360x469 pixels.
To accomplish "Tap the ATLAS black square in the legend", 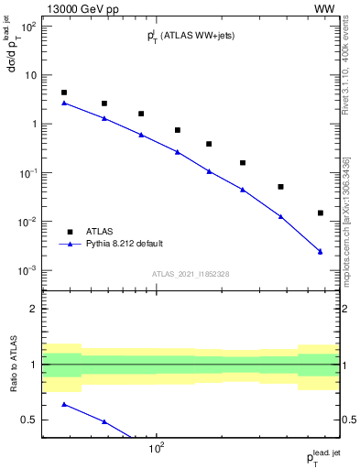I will pyautogui.click(x=70, y=232).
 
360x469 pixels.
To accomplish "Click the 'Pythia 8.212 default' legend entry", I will pyautogui.click(x=125, y=245).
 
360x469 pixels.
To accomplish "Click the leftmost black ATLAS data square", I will pyautogui.click(x=63, y=93).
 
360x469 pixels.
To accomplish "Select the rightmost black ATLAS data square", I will pyautogui.click(x=320, y=213).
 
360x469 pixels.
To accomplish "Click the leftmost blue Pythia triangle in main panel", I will pyautogui.click(x=63, y=103).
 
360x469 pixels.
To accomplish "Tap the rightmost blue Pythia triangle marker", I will pyautogui.click(x=320, y=251).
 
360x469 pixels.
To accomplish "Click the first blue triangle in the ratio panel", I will pyautogui.click(x=63, y=404).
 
